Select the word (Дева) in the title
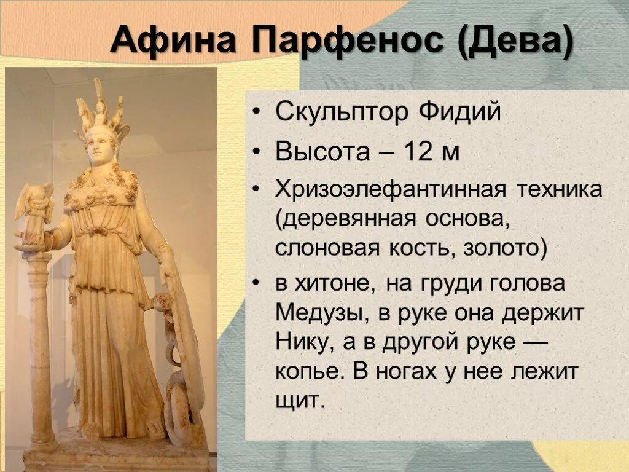coord(514,42)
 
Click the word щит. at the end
coord(299,400)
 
